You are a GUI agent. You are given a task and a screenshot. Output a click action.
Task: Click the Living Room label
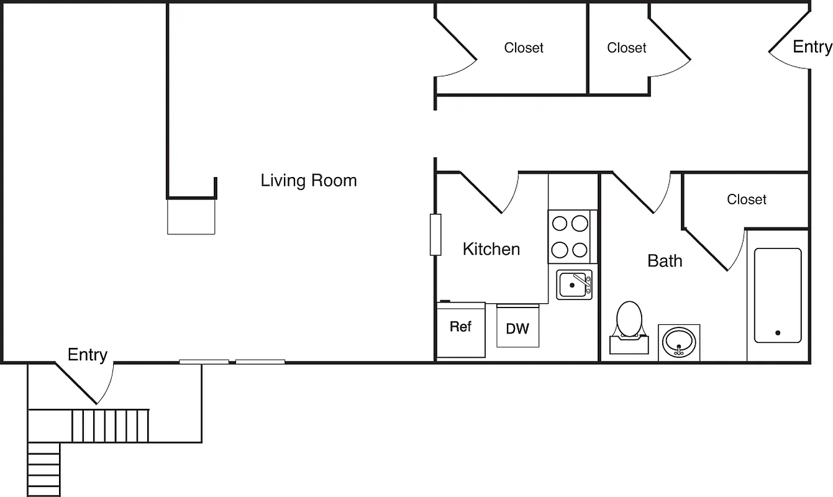(x=309, y=181)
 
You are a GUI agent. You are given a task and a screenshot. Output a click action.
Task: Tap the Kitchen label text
(x=491, y=249)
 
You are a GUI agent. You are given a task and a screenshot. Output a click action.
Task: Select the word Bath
(x=665, y=261)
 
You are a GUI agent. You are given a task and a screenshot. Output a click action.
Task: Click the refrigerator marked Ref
(x=461, y=329)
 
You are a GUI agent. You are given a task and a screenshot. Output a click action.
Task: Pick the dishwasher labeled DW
(x=517, y=327)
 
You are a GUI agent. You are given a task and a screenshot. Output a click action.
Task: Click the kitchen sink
(x=573, y=285)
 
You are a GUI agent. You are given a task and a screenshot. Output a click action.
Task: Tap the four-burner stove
(x=570, y=237)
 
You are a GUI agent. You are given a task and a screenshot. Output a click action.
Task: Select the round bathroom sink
(x=678, y=342)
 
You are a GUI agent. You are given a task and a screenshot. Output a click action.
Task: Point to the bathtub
(x=778, y=295)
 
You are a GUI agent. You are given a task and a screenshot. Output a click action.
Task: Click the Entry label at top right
(x=812, y=47)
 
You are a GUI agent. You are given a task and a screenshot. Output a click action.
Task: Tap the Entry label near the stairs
(x=87, y=355)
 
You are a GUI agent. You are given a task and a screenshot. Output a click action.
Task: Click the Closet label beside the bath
(x=747, y=199)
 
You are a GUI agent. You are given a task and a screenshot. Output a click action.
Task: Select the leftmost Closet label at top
(x=524, y=48)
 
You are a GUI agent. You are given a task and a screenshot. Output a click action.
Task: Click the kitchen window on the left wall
(x=435, y=234)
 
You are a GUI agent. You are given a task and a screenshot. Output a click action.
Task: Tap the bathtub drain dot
(x=778, y=333)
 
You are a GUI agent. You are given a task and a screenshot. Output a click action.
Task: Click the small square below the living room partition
(x=191, y=216)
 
